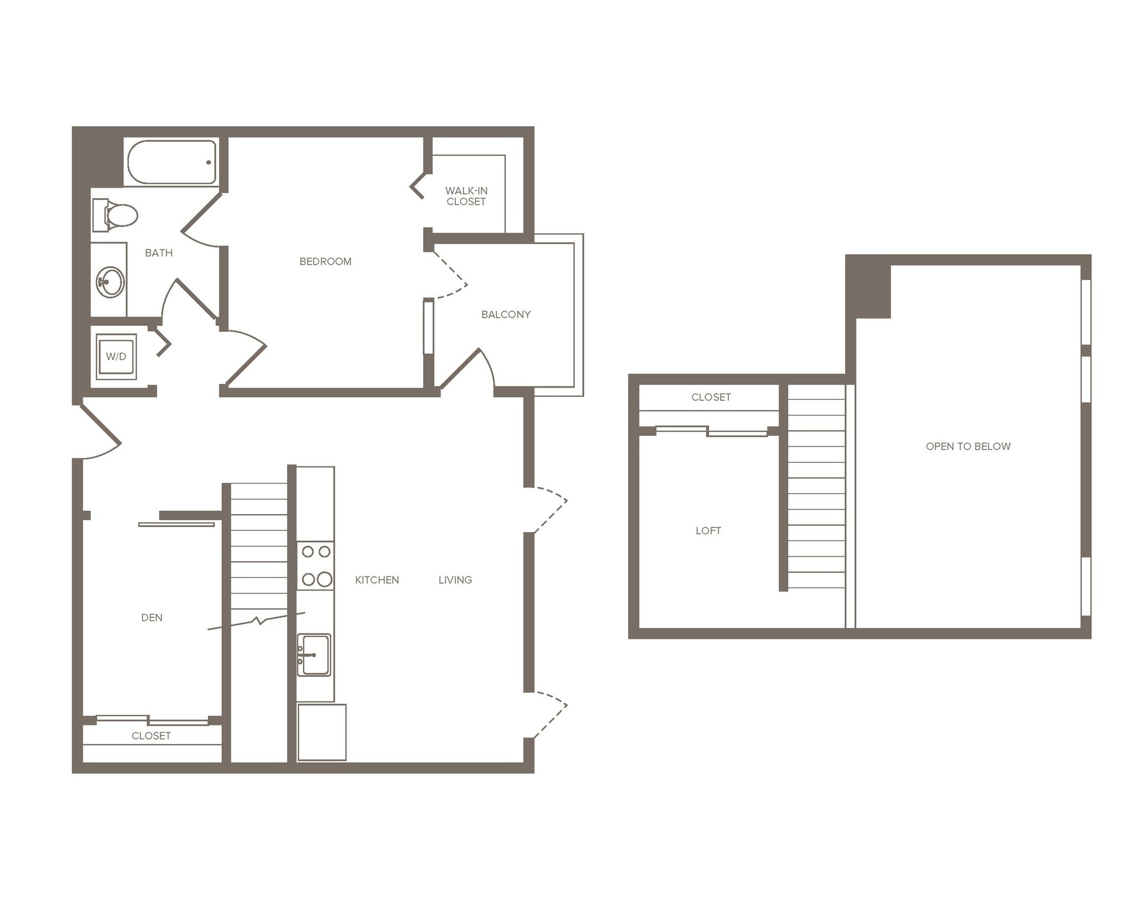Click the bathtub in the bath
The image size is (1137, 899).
(172, 162)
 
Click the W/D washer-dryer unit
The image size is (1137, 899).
(116, 356)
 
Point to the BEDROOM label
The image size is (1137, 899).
(325, 262)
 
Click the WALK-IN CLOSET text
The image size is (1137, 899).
(466, 196)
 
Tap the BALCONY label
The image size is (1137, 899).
(506, 315)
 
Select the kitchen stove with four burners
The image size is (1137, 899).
(316, 566)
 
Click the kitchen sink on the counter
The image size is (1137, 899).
(314, 655)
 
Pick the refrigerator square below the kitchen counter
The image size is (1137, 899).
(322, 732)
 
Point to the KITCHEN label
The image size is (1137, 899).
(377, 580)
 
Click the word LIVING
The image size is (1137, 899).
(455, 580)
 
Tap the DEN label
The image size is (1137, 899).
(152, 618)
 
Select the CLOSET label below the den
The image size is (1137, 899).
(151, 736)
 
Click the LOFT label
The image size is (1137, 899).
(708, 531)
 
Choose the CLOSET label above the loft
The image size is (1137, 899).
(711, 398)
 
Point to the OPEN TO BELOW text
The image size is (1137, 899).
(968, 446)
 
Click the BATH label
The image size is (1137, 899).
(159, 253)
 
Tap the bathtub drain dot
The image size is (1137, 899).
(209, 163)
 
